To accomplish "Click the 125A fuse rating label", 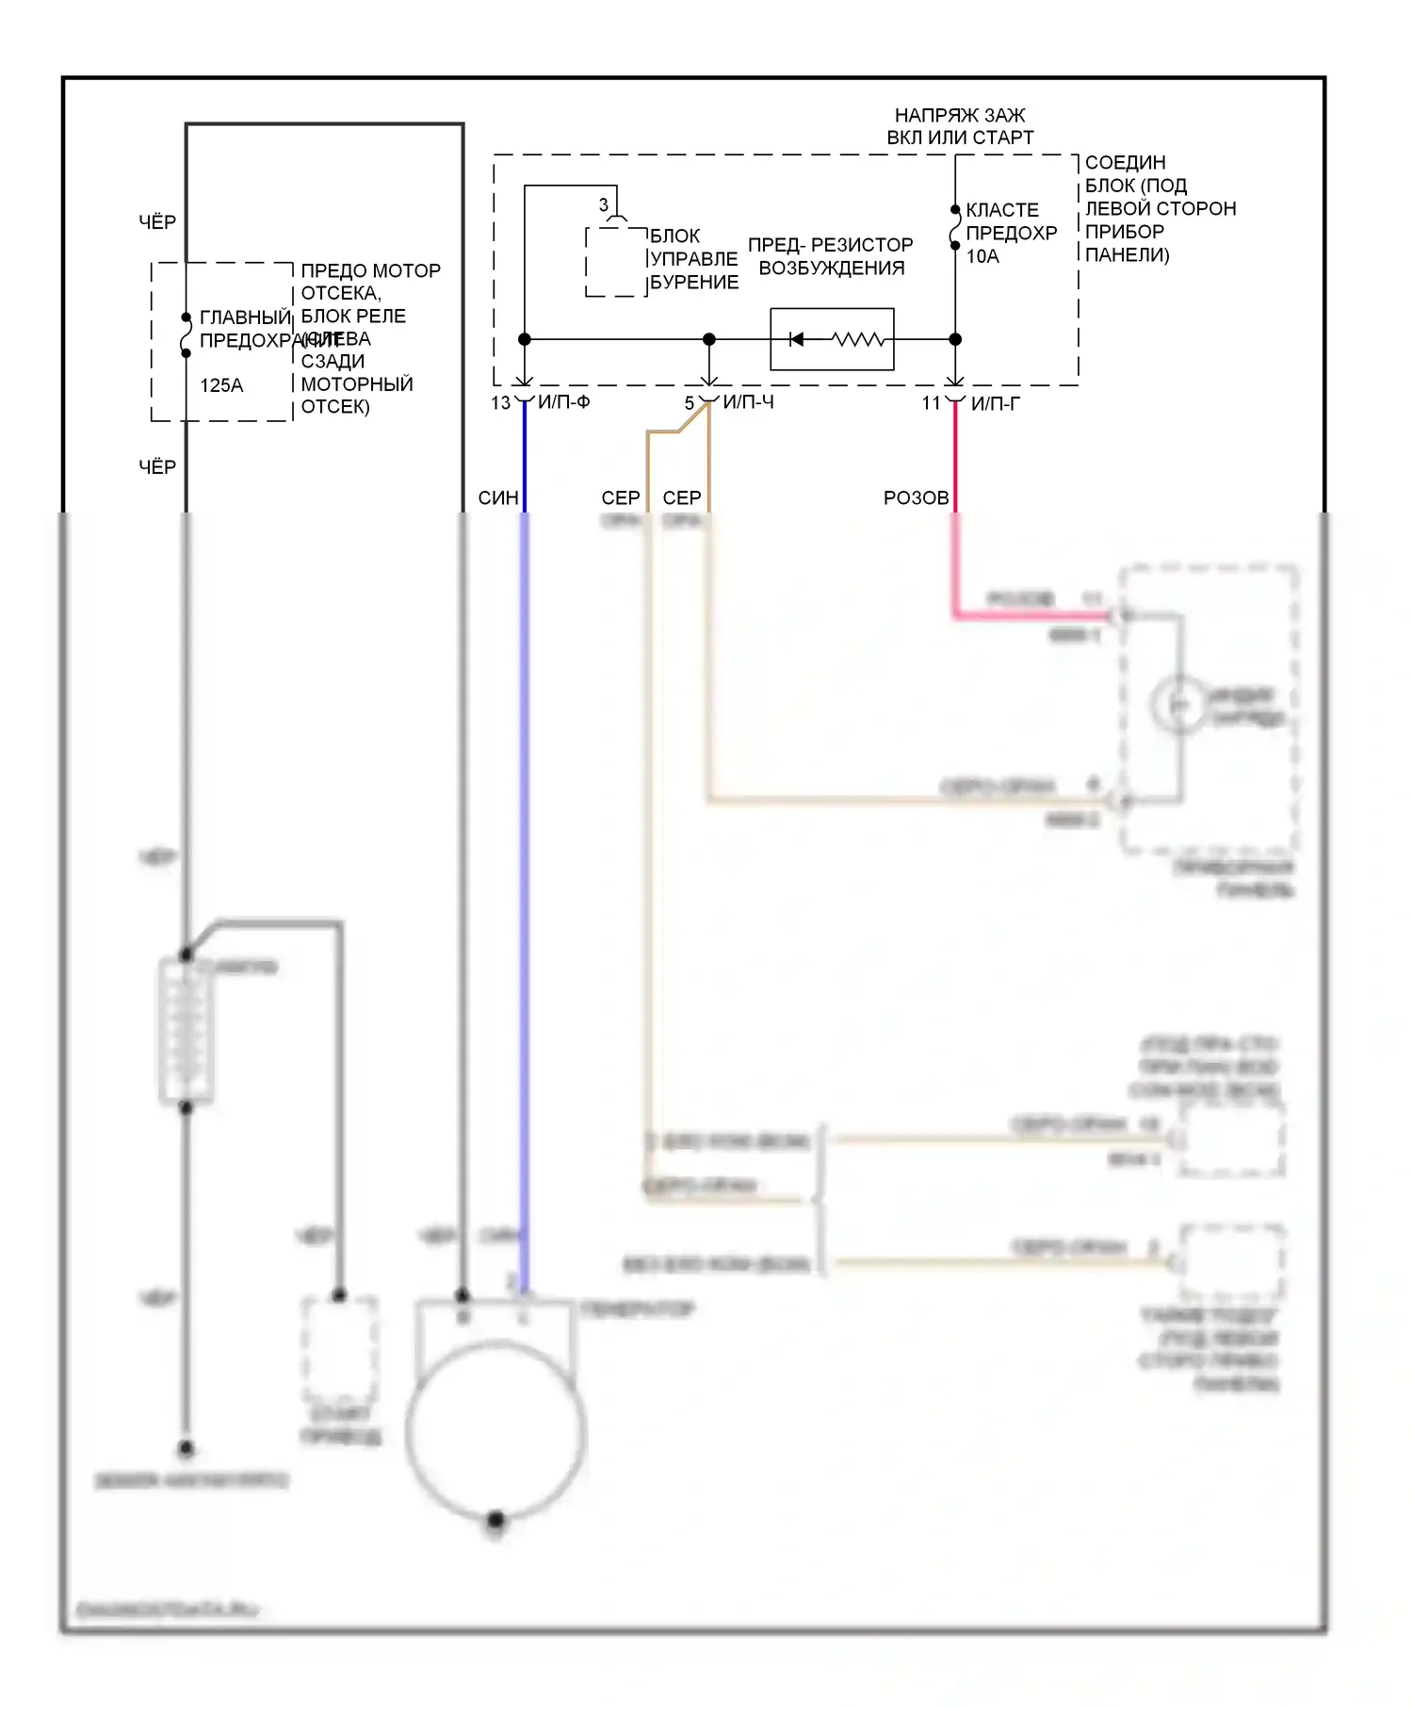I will coord(221,385).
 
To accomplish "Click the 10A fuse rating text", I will coord(983,256).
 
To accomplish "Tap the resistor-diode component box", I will coord(832,339).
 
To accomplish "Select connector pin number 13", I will coord(500,403).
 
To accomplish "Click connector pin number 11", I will coord(931,403).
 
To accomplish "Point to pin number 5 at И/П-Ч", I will coord(690,403).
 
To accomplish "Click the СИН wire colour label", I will coord(498,498).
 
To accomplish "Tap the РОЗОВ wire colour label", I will coord(916,498).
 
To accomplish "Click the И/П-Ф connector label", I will coord(564,402).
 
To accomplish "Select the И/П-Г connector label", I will coord(996,404).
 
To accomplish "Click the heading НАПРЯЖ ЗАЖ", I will coord(959,115).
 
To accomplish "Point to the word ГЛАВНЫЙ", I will coord(245,317).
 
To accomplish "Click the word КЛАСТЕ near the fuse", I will coord(1002,210).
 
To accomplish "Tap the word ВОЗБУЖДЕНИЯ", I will coord(831,269).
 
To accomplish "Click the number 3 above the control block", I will coord(604,204).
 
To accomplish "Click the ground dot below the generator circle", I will coord(496,1519).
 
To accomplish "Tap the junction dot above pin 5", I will coord(709,339).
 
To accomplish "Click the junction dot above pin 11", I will coord(955,339).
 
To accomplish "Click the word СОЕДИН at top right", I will coord(1125,163).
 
